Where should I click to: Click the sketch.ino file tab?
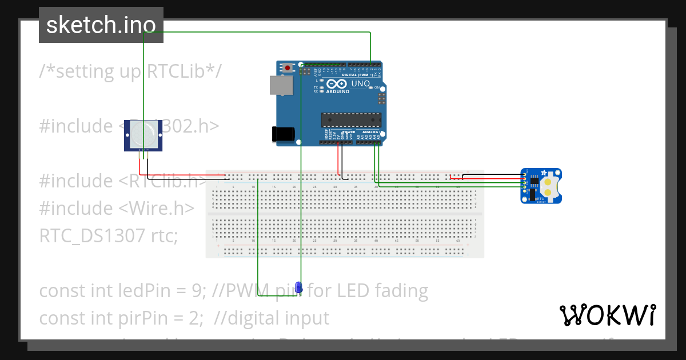pos(101,25)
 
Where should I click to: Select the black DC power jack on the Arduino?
pos(283,134)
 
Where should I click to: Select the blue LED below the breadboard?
pos(298,287)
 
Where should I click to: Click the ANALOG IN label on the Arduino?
pos(372,131)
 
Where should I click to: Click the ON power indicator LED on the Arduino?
pos(370,87)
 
